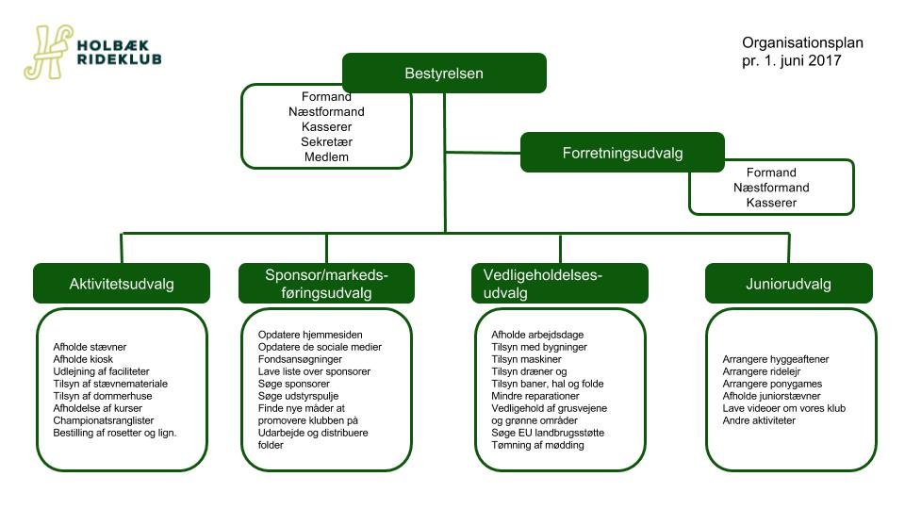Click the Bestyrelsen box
pos(444,73)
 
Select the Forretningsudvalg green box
pos(622,153)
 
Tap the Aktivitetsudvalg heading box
pos(122,284)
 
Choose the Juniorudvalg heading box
pos(788,284)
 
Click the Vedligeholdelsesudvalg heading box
pos(559,284)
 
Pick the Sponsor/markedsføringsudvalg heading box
pos(326,284)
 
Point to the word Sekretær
pos(326,141)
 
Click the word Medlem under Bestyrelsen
pos(326,156)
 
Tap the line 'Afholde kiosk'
pos(86,359)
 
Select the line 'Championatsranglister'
pos(104,419)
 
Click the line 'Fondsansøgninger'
pos(300,359)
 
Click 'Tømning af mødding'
pos(537,444)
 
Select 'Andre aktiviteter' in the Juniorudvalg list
pos(759,420)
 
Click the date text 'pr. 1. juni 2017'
pos(791,60)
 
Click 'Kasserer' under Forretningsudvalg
pos(771,203)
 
